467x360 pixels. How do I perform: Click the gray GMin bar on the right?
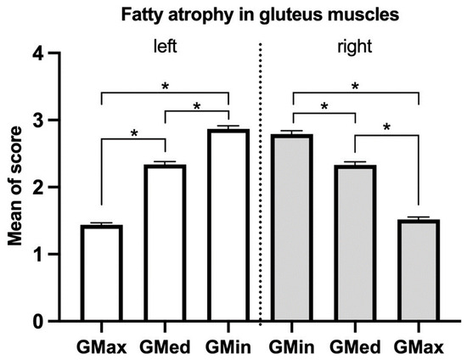pos(293,228)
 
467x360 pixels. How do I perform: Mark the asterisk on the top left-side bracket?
pos(165,86)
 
